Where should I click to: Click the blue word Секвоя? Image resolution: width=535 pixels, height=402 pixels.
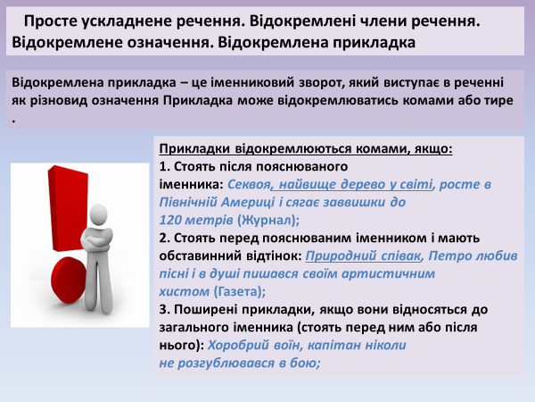point(248,184)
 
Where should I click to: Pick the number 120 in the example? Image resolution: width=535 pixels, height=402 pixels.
point(171,219)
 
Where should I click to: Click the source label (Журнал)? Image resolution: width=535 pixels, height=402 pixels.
point(268,219)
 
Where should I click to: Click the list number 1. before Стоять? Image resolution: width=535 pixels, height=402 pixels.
point(164,166)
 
